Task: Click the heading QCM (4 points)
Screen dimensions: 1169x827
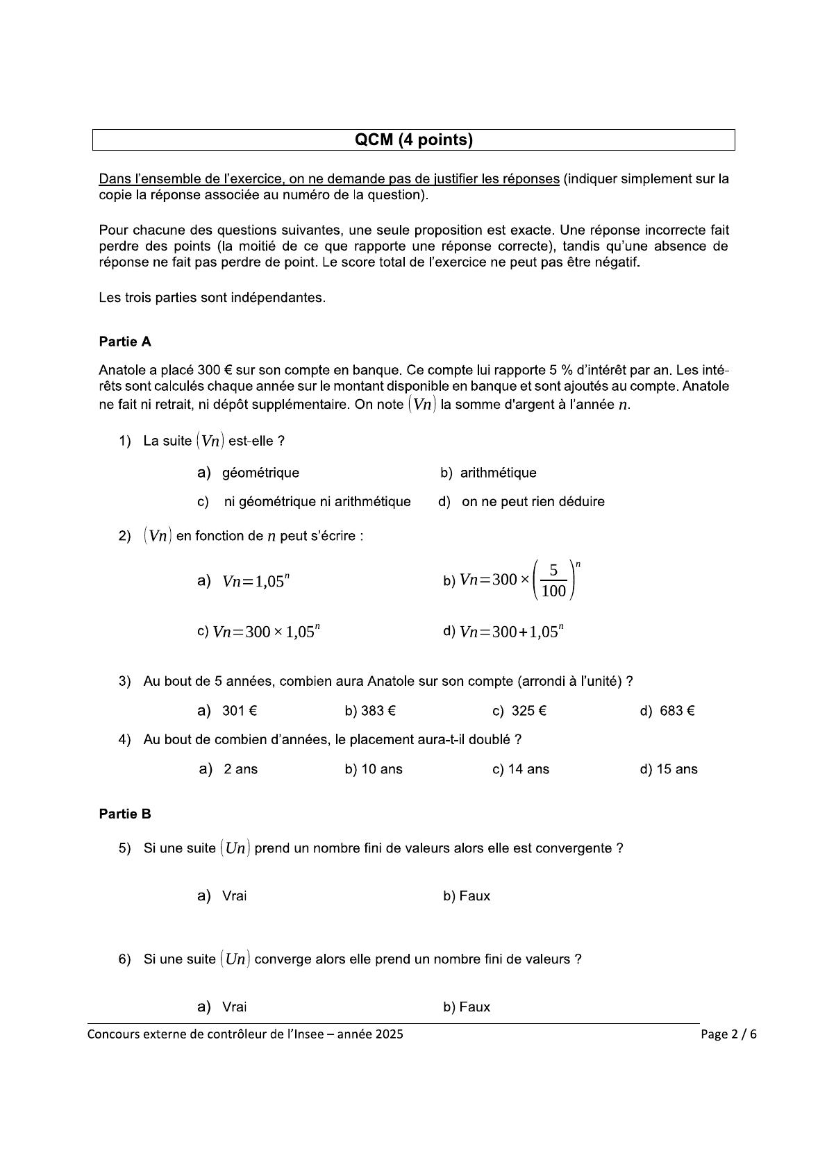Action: pyautogui.click(x=413, y=140)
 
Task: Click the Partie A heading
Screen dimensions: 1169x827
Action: pyautogui.click(x=125, y=342)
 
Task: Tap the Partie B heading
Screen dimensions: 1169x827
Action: pyautogui.click(x=125, y=814)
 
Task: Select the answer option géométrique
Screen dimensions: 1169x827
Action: pyautogui.click(x=260, y=473)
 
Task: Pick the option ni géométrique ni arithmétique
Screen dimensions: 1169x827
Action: pyautogui.click(x=317, y=501)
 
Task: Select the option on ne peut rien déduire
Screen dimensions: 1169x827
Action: pyautogui.click(x=533, y=501)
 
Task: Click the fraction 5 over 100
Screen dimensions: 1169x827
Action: pyautogui.click(x=553, y=580)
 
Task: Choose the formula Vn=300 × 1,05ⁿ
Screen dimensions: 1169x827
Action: pyautogui.click(x=266, y=632)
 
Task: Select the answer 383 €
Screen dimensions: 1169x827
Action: pyautogui.click(x=378, y=711)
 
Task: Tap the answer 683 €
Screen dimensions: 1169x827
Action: pyautogui.click(x=677, y=711)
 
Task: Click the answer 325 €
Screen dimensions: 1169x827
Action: pyautogui.click(x=528, y=711)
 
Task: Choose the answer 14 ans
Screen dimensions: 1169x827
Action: pyautogui.click(x=528, y=769)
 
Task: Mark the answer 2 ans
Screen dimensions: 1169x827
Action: pyautogui.click(x=240, y=769)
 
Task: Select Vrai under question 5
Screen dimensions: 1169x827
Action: pyautogui.click(x=234, y=896)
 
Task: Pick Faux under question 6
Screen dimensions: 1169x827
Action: pyautogui.click(x=474, y=1007)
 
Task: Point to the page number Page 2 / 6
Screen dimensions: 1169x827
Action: pyautogui.click(x=728, y=1034)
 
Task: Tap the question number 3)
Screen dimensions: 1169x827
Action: pyautogui.click(x=125, y=681)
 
